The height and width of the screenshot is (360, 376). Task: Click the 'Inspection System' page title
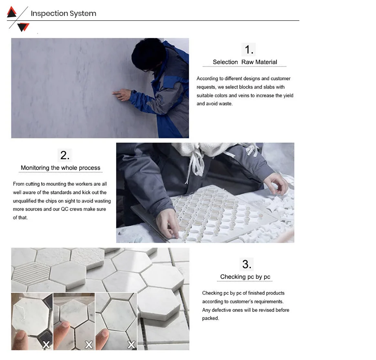64,13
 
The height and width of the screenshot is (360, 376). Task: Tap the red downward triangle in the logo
23,27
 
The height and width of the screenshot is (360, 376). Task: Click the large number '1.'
249,50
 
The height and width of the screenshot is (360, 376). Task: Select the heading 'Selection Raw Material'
245,62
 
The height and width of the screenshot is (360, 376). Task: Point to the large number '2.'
65,155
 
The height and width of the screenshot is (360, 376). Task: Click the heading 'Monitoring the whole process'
60,168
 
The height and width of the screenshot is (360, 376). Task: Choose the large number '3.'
247,264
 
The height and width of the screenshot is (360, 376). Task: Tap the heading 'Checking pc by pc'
246,277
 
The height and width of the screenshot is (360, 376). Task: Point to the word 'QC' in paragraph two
65,209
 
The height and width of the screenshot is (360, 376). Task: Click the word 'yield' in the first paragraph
288,96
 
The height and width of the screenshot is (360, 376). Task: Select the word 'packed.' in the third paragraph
210,318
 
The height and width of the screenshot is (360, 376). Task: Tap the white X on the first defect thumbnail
46,345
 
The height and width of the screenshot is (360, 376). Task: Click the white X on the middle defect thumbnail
89,345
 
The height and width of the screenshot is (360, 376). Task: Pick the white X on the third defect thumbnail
131,345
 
